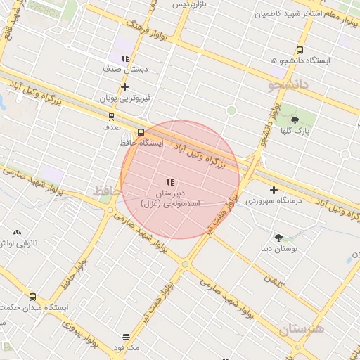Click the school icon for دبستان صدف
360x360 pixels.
click(x=125, y=59)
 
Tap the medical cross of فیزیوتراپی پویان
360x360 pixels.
click(x=125, y=87)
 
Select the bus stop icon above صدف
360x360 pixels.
click(x=111, y=117)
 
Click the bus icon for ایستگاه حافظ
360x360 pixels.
click(x=141, y=131)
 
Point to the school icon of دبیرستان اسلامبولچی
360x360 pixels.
click(x=170, y=182)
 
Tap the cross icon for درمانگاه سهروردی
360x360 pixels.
click(x=274, y=190)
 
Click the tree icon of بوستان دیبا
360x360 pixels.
click(x=279, y=238)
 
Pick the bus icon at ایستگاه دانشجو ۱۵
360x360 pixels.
click(x=300, y=50)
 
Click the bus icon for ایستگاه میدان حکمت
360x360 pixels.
click(x=32, y=297)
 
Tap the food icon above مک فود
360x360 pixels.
click(x=126, y=337)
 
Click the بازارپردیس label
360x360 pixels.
click(x=191, y=4)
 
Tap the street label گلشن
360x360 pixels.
click(x=274, y=279)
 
